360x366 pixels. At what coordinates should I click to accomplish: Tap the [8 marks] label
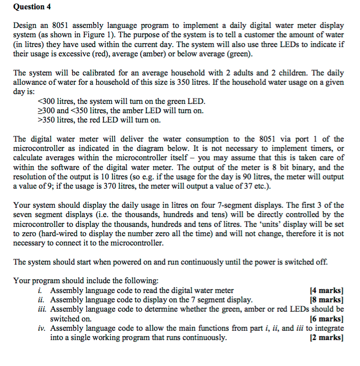327,300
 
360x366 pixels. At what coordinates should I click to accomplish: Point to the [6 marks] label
327,319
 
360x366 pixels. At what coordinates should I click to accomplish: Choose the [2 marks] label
327,338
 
